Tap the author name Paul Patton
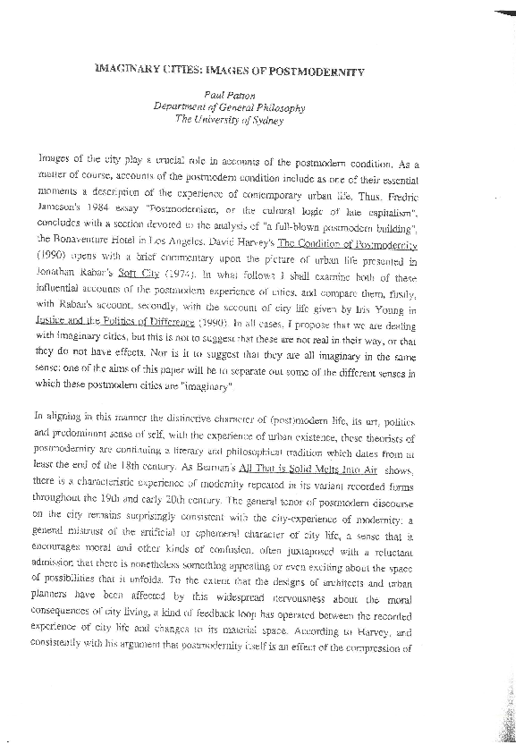[x=241, y=95]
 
